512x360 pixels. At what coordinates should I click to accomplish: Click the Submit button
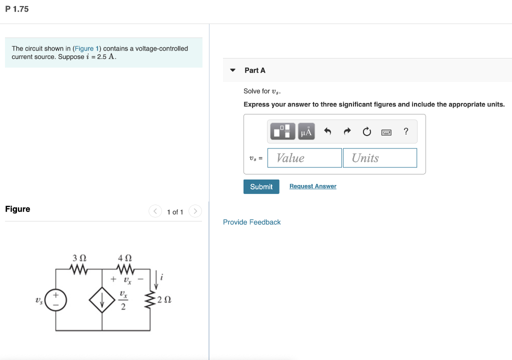(x=261, y=186)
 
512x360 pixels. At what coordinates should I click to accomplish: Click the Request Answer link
(x=312, y=186)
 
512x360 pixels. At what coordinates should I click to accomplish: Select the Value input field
(x=304, y=158)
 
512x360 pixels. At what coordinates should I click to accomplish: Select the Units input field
(x=379, y=158)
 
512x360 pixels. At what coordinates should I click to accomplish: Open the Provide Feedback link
(x=251, y=222)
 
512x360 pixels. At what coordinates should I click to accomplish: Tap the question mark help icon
(x=406, y=131)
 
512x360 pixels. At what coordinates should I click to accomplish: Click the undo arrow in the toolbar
(x=327, y=131)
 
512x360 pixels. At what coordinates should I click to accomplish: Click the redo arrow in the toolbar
(x=347, y=131)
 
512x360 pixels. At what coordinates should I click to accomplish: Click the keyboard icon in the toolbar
(x=386, y=132)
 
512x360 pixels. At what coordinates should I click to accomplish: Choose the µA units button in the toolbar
(x=306, y=131)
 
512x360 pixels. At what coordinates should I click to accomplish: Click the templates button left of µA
(x=283, y=131)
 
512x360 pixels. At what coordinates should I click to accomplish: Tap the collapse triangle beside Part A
(x=232, y=70)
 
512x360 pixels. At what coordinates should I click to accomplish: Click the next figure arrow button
(x=195, y=211)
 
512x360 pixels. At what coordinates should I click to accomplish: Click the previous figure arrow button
(x=155, y=211)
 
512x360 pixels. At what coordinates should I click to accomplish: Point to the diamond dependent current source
(x=102, y=300)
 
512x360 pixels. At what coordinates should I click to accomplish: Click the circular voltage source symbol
(x=55, y=300)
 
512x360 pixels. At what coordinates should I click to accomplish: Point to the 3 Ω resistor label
(x=79, y=258)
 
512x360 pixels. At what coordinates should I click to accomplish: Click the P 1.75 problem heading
(x=17, y=9)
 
